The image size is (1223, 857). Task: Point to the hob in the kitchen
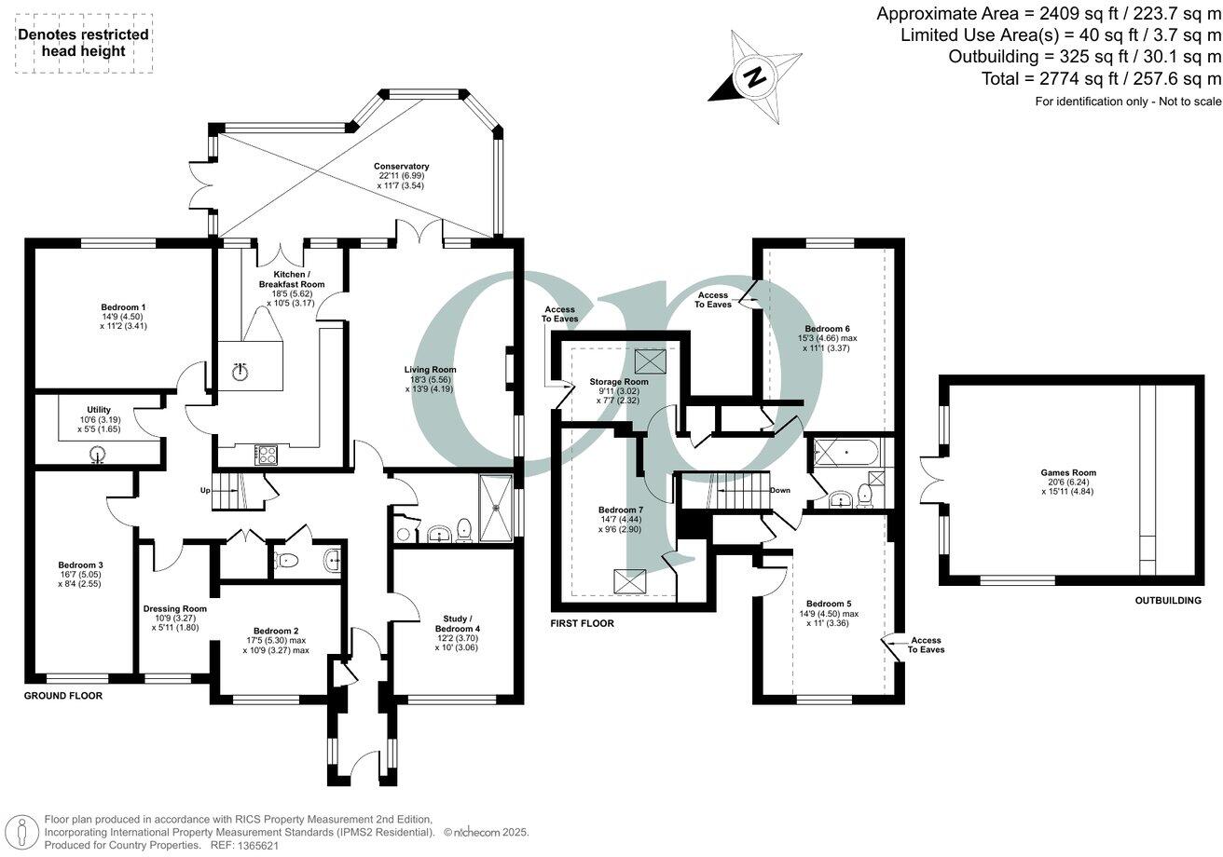pyautogui.click(x=265, y=455)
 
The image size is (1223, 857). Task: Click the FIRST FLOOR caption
pyautogui.click(x=584, y=623)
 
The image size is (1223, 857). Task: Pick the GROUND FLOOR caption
pyautogui.click(x=63, y=696)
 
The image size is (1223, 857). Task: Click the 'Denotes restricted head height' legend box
pyautogui.click(x=83, y=44)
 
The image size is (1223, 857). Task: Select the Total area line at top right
pyautogui.click(x=1100, y=79)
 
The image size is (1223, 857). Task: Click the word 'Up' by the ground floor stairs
pyautogui.click(x=206, y=490)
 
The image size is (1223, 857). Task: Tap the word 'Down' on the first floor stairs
pyautogui.click(x=779, y=491)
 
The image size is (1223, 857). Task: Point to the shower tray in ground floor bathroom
pyautogui.click(x=496, y=507)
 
